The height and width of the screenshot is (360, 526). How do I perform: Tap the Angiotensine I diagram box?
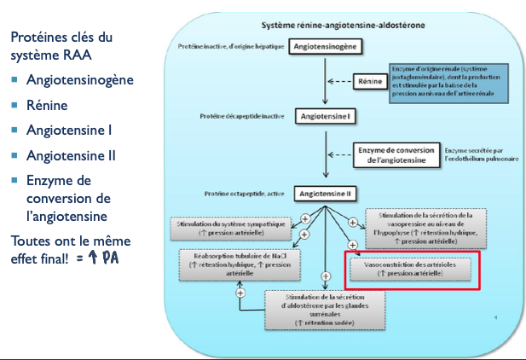pos(325,115)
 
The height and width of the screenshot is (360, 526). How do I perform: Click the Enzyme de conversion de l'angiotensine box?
pos(393,154)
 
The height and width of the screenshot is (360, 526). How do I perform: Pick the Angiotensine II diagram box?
pos(325,194)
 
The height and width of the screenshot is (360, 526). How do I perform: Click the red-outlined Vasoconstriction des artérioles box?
pos(412,268)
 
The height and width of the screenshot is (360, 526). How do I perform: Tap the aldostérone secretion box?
pos(325,310)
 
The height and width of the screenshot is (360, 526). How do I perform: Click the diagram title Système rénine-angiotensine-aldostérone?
pos(344,24)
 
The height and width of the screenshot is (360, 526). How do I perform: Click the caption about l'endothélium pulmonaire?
pos(479,154)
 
